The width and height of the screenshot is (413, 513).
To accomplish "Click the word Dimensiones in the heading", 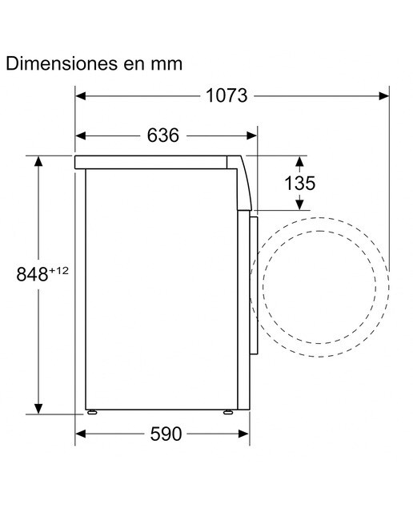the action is tap(62, 63).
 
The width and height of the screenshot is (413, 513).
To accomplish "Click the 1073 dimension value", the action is tap(227, 96).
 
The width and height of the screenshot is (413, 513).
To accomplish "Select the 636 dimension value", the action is tap(163, 135).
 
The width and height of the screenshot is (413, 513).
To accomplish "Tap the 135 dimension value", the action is tap(300, 183).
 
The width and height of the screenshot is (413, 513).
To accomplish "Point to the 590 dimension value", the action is tap(166, 434).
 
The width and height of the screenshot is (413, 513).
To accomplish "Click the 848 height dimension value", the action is tap(32, 274).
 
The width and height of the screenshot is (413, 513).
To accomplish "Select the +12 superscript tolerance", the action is tap(58, 270).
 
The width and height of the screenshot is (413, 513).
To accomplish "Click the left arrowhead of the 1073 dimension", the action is tap(80, 96).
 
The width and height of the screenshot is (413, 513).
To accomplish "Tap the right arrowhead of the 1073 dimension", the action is tap(384, 96).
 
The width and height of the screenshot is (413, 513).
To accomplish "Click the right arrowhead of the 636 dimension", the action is tap(252, 135).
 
